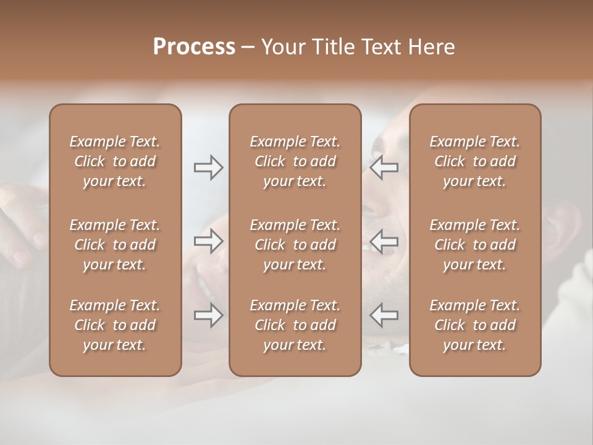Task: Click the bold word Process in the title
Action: coord(194,47)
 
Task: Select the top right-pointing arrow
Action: coord(208,167)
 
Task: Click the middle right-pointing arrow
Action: coord(208,241)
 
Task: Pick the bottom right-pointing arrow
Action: coord(208,315)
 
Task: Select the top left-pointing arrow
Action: coord(384,167)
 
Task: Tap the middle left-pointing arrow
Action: coord(384,241)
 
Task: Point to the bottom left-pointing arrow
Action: coord(384,315)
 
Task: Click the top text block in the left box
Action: coord(115,161)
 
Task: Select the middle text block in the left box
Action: coord(115,245)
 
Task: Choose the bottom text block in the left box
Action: coord(115,325)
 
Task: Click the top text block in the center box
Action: coord(295,161)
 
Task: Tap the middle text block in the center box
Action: coord(295,245)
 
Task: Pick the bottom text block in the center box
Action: coord(295,325)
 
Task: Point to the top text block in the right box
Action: coord(475,161)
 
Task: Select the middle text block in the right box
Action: coord(475,245)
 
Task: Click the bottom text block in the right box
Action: coord(475,325)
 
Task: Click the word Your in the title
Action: coord(281,47)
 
